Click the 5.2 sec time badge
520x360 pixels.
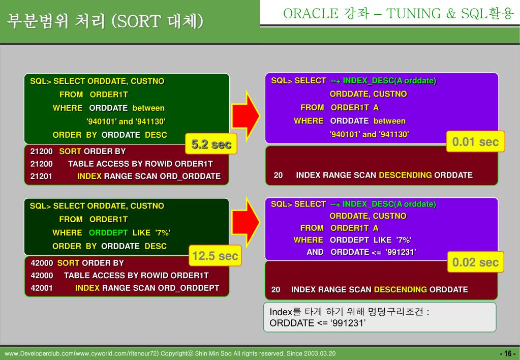pyautogui.click(x=211, y=145)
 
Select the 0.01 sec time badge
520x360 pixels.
pyautogui.click(x=475, y=141)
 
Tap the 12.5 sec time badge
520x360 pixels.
pyautogui.click(x=215, y=256)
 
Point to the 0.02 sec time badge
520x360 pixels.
pyautogui.click(x=475, y=262)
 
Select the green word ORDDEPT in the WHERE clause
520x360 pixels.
pyautogui.click(x=108, y=233)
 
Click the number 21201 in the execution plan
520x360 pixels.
pyautogui.click(x=41, y=176)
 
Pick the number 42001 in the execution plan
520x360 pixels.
pyautogui.click(x=42, y=288)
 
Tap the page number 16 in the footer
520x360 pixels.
pyautogui.click(x=507, y=354)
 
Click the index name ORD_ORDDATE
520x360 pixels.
pyautogui.click(x=190, y=176)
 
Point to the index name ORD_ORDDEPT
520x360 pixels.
pyautogui.click(x=189, y=288)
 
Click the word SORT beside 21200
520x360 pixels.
pyautogui.click(x=70, y=152)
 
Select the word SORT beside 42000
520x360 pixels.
pyautogui.click(x=68, y=263)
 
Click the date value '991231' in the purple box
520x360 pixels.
pyautogui.click(x=401, y=252)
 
